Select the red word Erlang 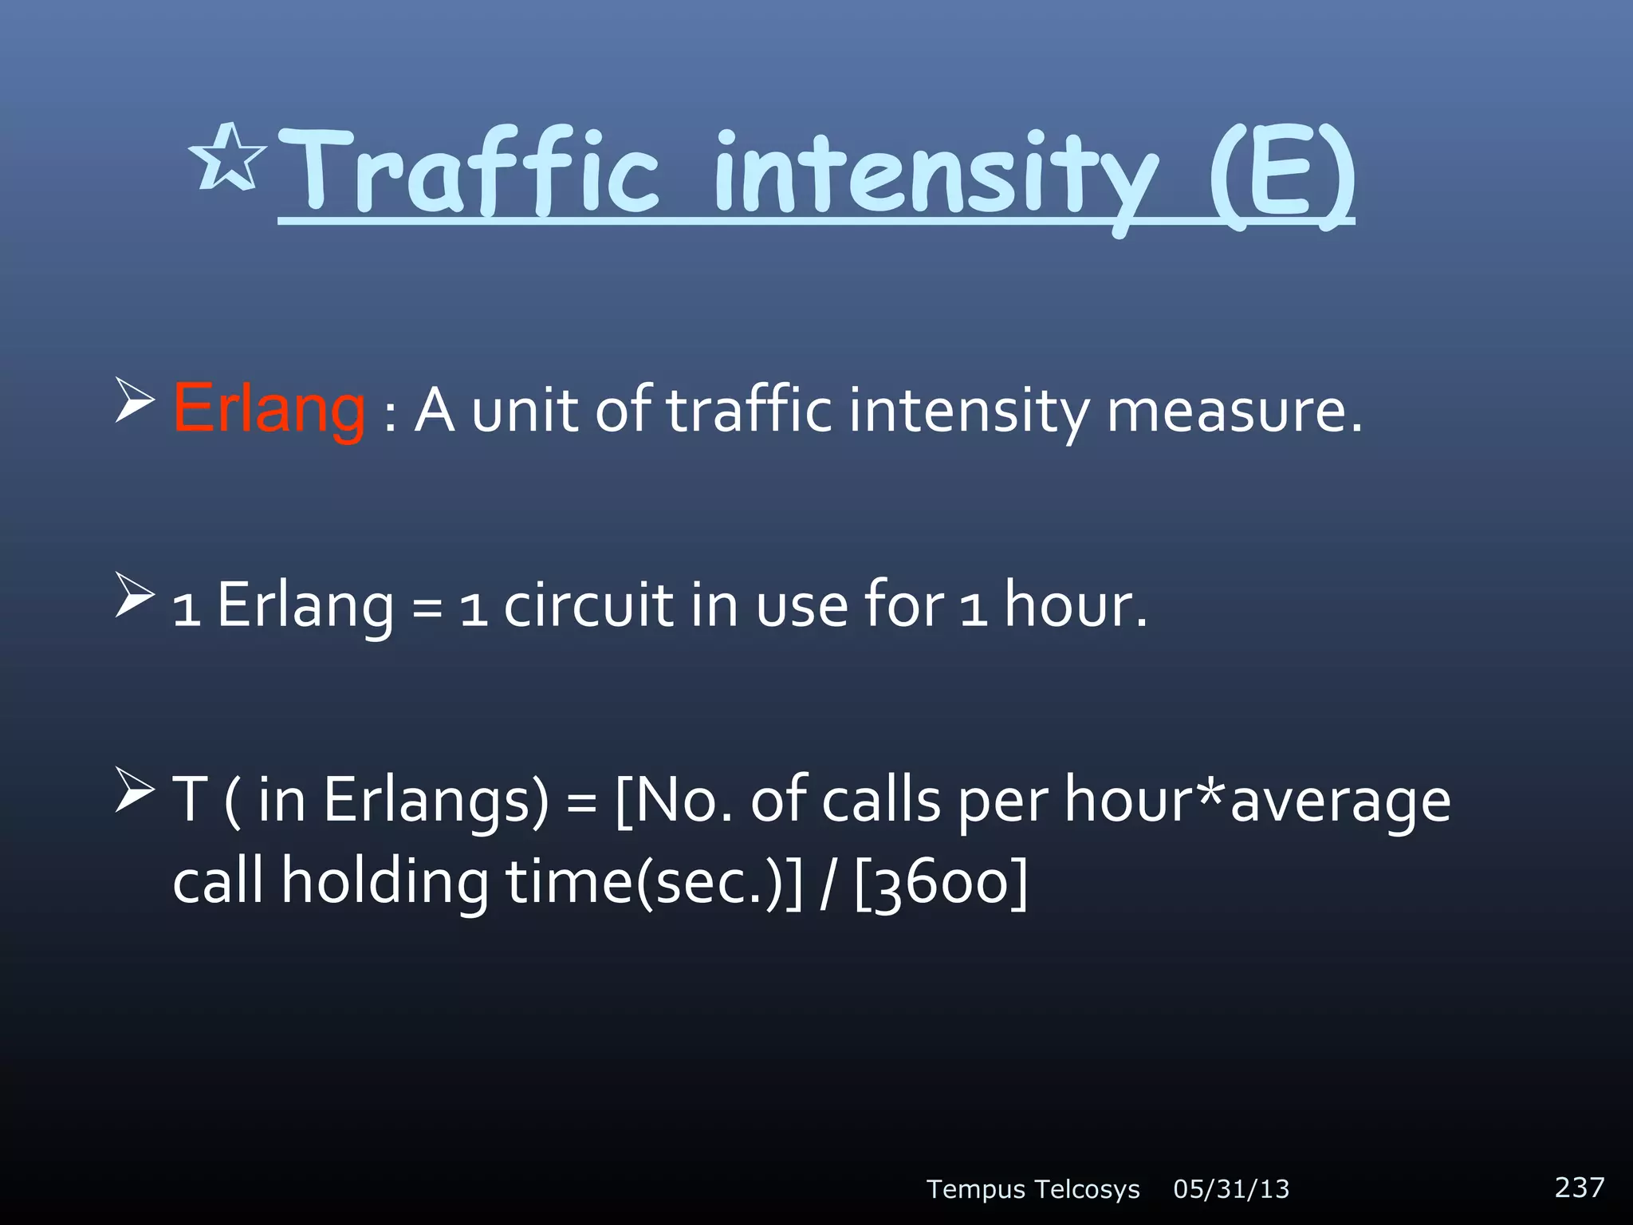click(270, 410)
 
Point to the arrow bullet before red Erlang click(134, 401)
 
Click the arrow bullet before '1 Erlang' click(134, 595)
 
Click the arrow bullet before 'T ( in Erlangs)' click(134, 790)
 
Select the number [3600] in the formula click(941, 884)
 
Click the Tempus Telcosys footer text click(1033, 1189)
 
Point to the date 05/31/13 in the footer click(1231, 1189)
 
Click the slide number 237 click(1579, 1188)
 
